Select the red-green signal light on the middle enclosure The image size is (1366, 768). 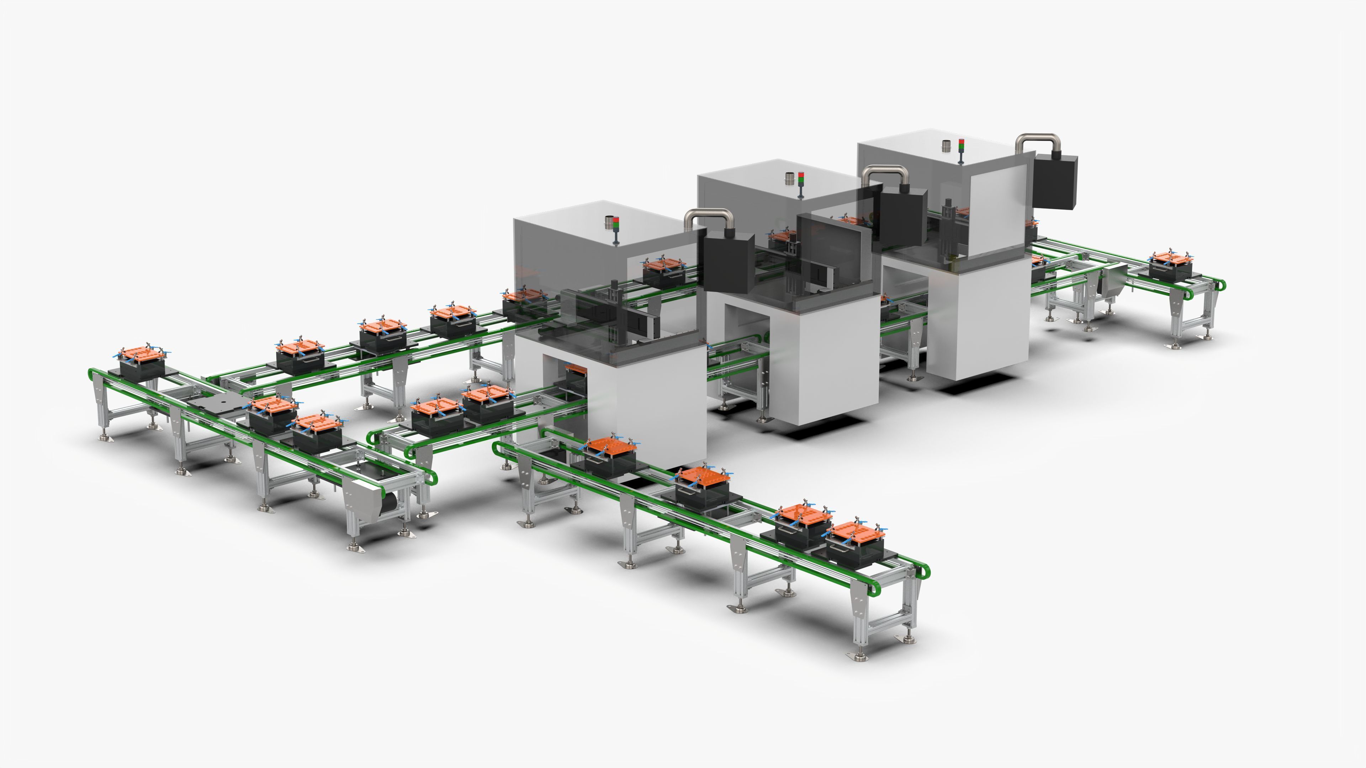[x=801, y=183]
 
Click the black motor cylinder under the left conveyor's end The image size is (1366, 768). [x=391, y=502]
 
